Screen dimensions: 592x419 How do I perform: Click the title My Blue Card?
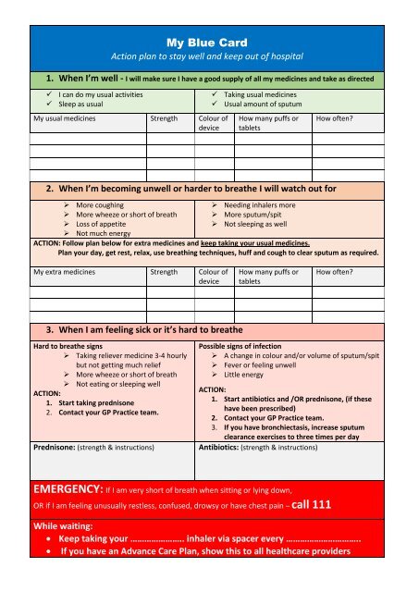(x=209, y=43)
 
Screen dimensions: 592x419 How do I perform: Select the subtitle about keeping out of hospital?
(x=209, y=57)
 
